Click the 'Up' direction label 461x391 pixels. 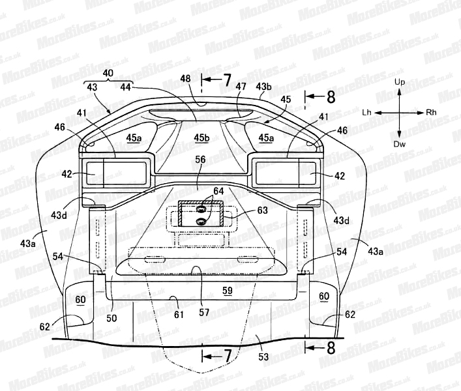(400, 82)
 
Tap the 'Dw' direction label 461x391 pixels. (399, 144)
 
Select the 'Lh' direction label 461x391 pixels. (366, 113)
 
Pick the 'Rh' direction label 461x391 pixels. (431, 113)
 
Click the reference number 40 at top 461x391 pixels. (108, 73)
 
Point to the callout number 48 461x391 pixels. (186, 79)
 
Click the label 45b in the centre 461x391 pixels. (202, 138)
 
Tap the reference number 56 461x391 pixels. (201, 160)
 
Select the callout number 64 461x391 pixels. (218, 191)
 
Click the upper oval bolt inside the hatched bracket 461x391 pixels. (201, 209)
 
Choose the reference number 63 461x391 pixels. (262, 210)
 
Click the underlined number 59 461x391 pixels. (228, 291)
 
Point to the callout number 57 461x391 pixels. (204, 312)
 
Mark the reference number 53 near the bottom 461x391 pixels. (263, 356)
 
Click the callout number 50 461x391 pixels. (112, 318)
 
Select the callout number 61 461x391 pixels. (179, 315)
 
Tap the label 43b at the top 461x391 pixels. (263, 87)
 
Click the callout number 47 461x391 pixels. (241, 87)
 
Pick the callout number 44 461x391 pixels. (126, 87)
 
